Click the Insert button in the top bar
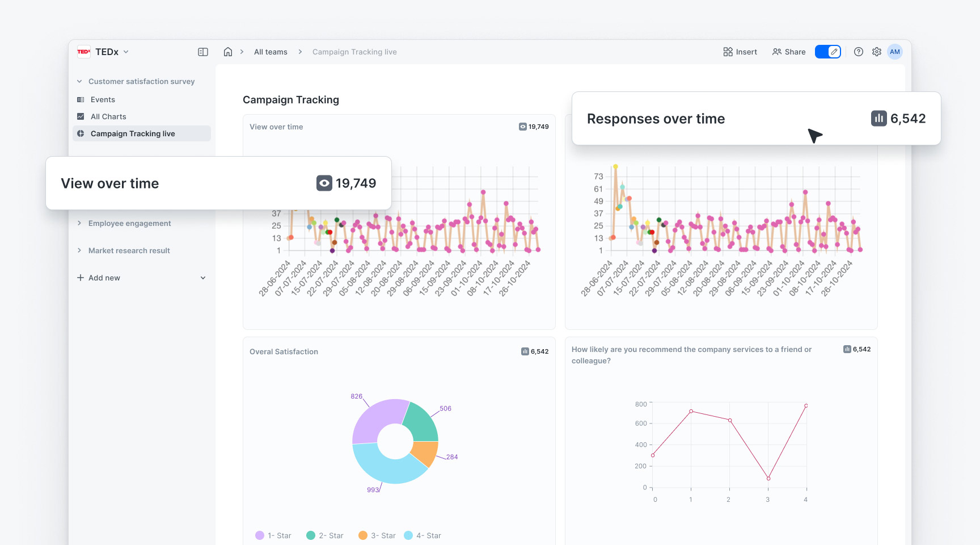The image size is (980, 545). click(740, 52)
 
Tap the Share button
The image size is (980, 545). click(789, 52)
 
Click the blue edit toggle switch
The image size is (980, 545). click(828, 52)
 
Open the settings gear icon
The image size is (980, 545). click(877, 52)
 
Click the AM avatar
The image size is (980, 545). click(895, 52)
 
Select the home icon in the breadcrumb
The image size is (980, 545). click(228, 52)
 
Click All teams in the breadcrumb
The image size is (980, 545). click(271, 52)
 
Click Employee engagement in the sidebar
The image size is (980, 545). click(129, 223)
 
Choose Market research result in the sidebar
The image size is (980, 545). click(129, 250)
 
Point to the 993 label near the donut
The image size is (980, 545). click(373, 490)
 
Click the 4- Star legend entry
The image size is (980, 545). click(423, 535)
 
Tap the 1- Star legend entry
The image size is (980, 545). click(273, 535)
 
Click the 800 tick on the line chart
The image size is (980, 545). click(641, 404)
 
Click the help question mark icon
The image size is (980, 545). click(859, 52)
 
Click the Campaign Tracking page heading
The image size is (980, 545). click(291, 100)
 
